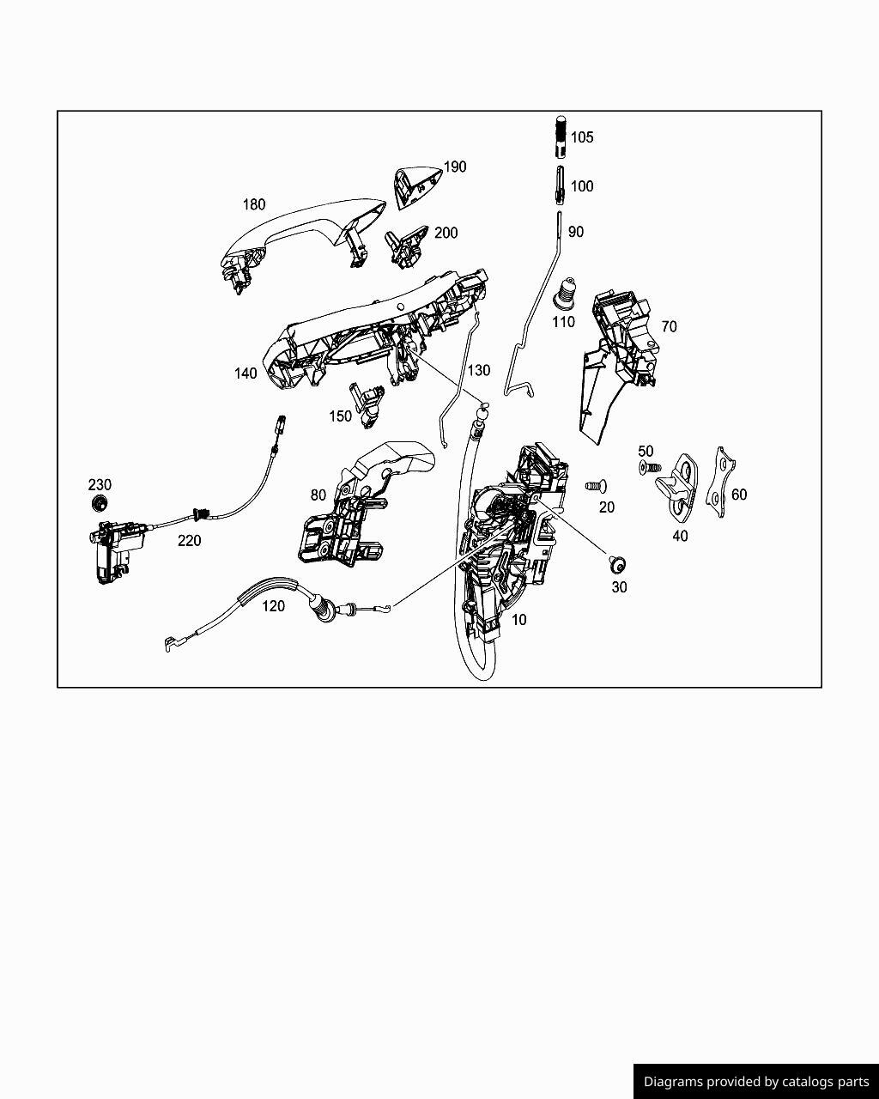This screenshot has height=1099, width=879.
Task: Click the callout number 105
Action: click(x=582, y=137)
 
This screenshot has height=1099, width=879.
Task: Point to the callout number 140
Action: click(x=246, y=373)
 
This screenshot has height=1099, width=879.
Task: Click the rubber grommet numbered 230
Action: click(x=99, y=502)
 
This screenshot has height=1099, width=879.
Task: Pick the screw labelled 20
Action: click(x=596, y=486)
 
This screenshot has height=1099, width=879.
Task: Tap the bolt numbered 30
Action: click(x=618, y=565)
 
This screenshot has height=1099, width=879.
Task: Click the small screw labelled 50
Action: click(x=650, y=467)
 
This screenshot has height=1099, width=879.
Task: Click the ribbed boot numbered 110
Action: click(x=566, y=294)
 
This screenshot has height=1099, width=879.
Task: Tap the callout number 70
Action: click(x=669, y=326)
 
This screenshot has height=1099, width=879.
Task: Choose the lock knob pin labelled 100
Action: click(x=560, y=185)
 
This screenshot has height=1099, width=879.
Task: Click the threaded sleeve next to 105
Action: click(x=561, y=137)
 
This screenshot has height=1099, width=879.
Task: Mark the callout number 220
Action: click(x=189, y=540)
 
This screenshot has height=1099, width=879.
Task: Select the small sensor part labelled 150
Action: click(x=367, y=404)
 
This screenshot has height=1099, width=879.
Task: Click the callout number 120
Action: click(x=273, y=606)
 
